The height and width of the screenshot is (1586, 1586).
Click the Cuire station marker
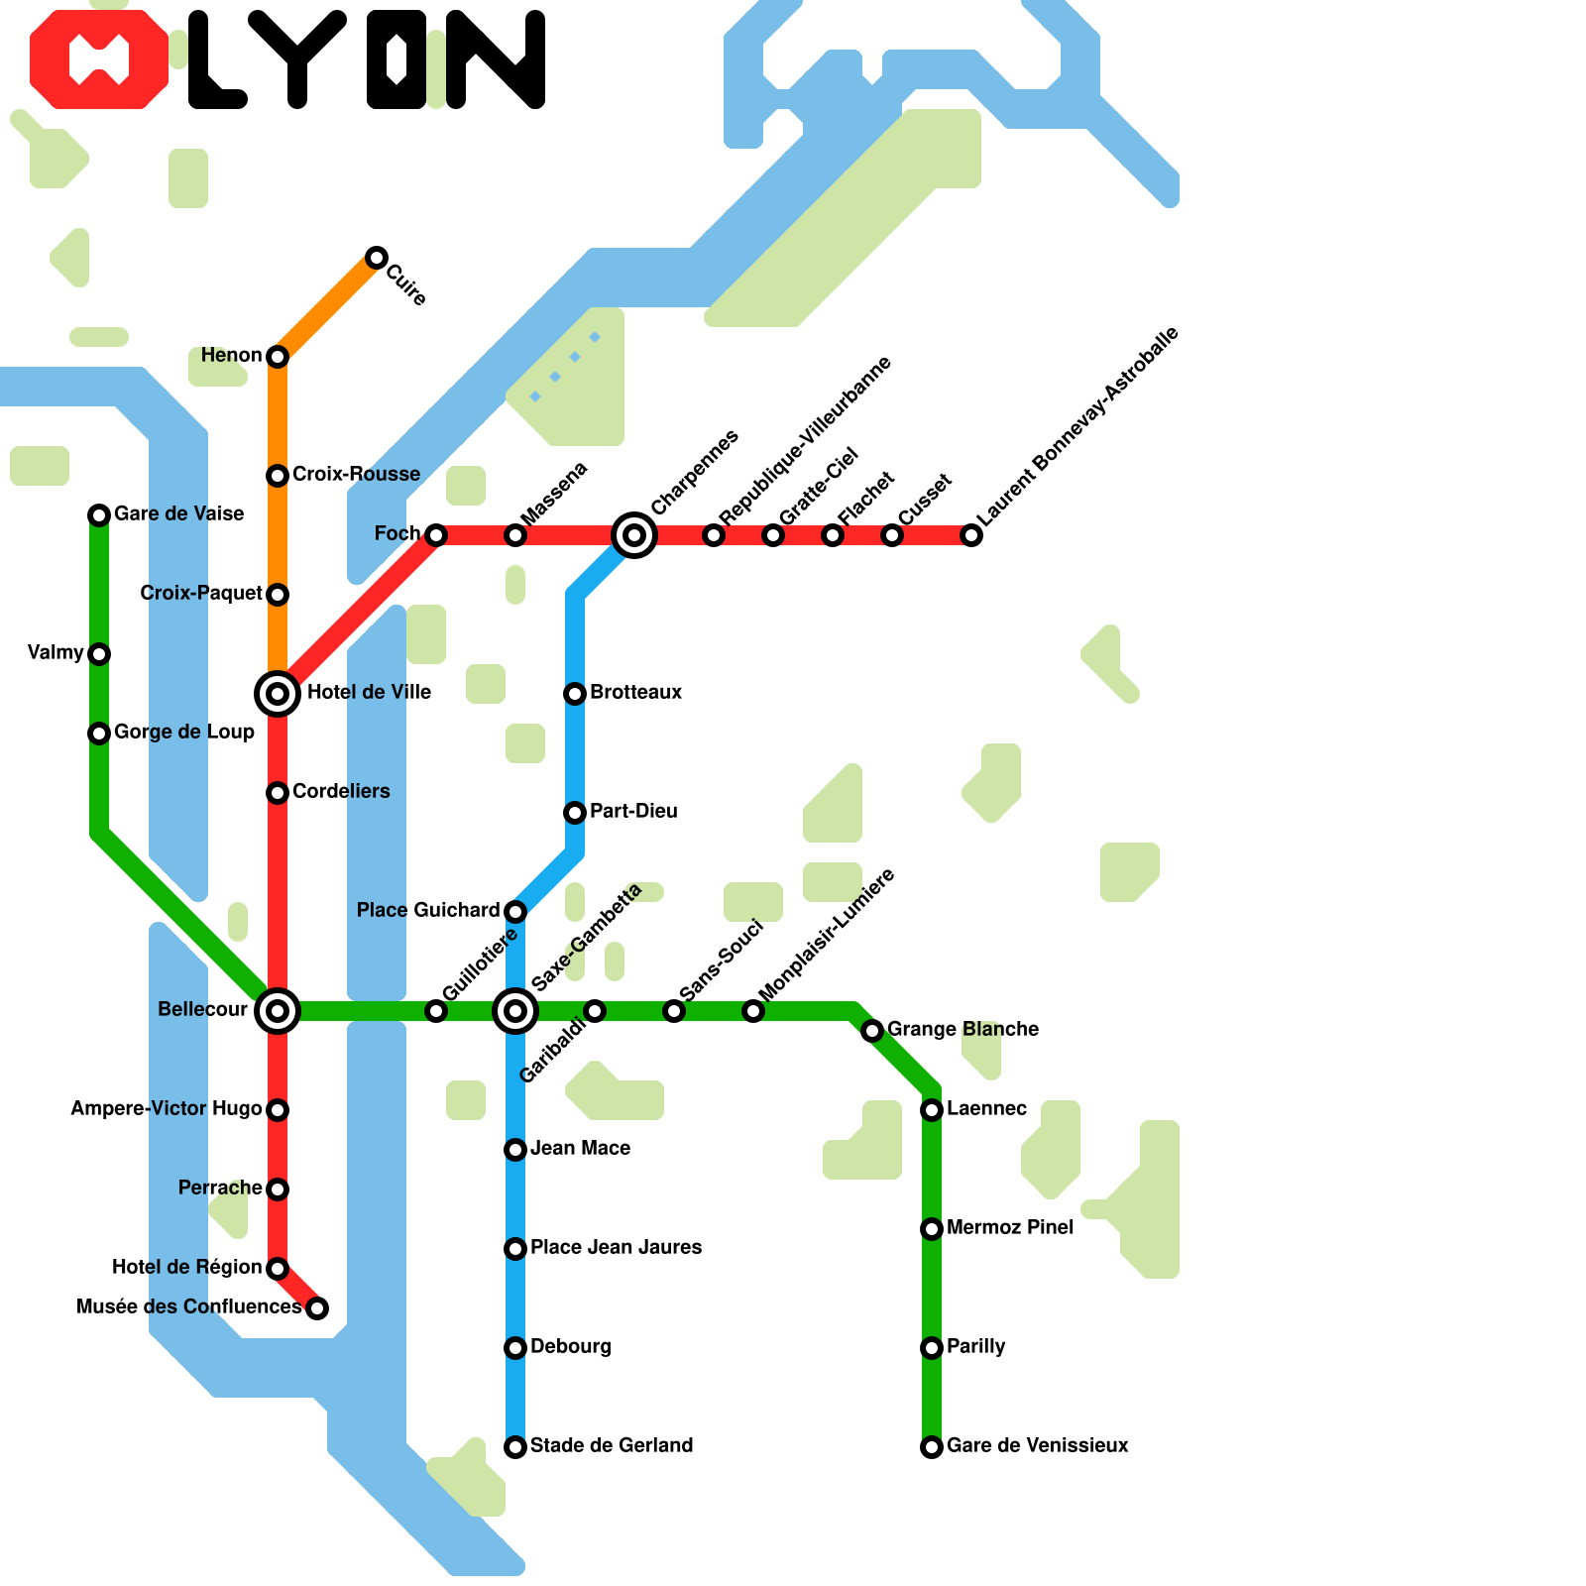click(x=376, y=258)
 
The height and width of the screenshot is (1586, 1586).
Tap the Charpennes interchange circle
click(x=634, y=535)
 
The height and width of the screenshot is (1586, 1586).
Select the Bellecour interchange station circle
click(x=278, y=1011)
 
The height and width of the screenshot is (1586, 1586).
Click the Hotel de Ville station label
click(x=369, y=692)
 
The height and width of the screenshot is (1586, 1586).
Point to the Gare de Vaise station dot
click(x=99, y=514)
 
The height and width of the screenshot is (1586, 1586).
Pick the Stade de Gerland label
click(x=611, y=1445)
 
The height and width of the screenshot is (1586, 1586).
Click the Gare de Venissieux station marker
click(x=932, y=1447)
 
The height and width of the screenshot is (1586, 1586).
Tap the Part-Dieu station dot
click(x=575, y=813)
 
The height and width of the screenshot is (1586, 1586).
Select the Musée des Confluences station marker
click(x=317, y=1308)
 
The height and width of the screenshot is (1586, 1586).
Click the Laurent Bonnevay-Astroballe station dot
click(x=972, y=535)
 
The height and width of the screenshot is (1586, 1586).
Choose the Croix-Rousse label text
click(x=356, y=474)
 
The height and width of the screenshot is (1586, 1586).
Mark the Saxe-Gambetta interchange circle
click(x=515, y=1011)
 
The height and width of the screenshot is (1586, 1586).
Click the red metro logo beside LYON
click(x=99, y=59)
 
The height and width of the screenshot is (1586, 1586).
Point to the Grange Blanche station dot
click(x=872, y=1031)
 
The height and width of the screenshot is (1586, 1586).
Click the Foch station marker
click(x=436, y=535)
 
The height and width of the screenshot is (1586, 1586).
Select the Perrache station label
click(x=220, y=1188)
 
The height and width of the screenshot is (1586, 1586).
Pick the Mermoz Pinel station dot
click(x=932, y=1229)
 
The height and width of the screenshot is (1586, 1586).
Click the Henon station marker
click(x=278, y=356)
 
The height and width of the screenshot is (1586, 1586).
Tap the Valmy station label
click(x=56, y=652)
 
